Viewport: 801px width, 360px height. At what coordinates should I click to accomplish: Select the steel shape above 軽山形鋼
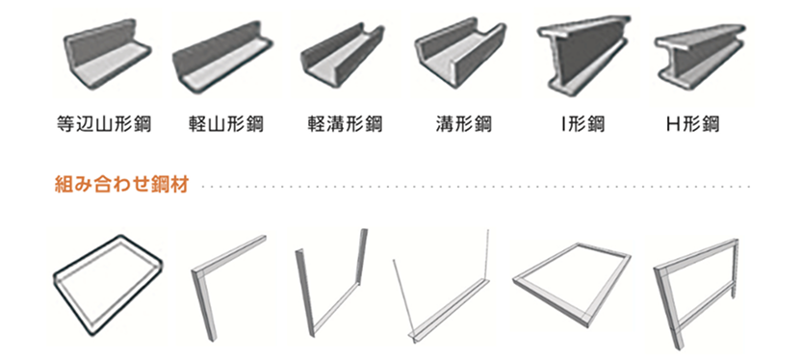(x=224, y=60)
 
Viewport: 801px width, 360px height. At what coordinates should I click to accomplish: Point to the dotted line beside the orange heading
(x=472, y=186)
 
